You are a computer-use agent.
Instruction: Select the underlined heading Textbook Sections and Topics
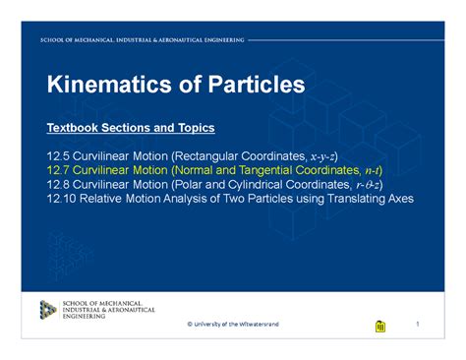[131, 128]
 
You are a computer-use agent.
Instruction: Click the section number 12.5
[58, 156]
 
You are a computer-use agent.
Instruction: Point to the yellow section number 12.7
[58, 170]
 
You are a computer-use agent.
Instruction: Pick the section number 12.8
[58, 184]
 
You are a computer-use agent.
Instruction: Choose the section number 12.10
[61, 198]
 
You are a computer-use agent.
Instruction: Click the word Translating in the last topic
[342, 198]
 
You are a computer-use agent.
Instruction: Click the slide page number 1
[417, 324]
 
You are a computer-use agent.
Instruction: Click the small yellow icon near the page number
[380, 326]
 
